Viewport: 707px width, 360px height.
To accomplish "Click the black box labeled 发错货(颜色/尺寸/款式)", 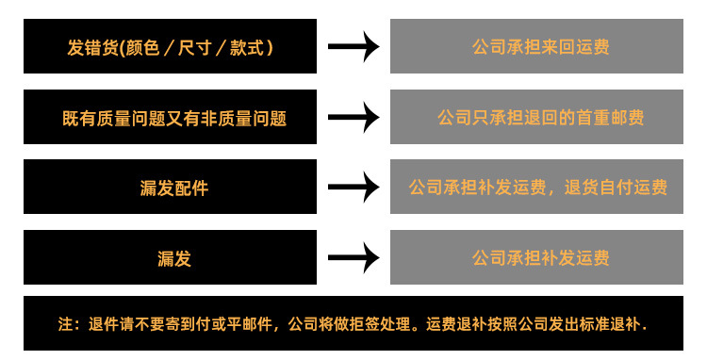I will [170, 46].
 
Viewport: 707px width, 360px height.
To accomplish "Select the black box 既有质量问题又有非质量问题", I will [170, 117].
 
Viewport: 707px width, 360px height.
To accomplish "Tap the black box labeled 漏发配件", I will [170, 187].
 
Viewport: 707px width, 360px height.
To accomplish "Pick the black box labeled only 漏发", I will [170, 257].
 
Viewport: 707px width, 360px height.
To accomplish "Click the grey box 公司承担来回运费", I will [536, 46].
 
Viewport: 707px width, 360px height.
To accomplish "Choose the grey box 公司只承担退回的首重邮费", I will [536, 117].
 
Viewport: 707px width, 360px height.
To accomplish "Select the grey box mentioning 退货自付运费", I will [536, 187].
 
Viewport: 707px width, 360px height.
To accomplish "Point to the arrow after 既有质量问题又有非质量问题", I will [353, 117].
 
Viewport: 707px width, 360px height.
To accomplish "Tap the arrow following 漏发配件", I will [353, 187].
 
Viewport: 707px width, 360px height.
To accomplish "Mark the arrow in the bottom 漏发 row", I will [353, 257].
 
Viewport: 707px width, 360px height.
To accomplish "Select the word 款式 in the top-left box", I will [251, 46].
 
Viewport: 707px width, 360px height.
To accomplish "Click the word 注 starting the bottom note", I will [65, 323].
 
